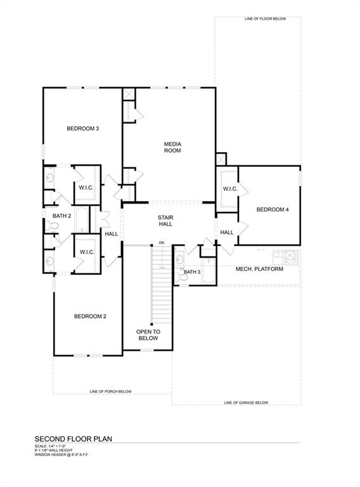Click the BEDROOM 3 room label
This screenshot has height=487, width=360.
point(83,129)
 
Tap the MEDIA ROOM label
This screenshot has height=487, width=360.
point(172,147)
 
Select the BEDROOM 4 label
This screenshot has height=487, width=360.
point(273,209)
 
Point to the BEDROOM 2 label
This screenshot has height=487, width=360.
point(89,316)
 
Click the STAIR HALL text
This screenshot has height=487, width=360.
point(165,221)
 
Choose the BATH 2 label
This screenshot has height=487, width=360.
point(61,216)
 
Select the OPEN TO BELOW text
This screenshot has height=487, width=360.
point(148,335)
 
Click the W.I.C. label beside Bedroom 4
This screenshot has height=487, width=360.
point(229,189)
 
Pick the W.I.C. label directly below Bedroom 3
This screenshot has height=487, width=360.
point(87,188)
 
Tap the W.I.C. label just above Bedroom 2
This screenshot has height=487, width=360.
point(87,252)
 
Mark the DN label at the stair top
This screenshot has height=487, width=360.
point(162,243)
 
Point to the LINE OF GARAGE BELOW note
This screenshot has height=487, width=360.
point(246,403)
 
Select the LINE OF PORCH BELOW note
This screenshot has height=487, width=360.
point(110,391)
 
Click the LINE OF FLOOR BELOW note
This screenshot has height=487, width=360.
point(265,19)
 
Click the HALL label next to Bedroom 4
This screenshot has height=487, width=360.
point(227,233)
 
